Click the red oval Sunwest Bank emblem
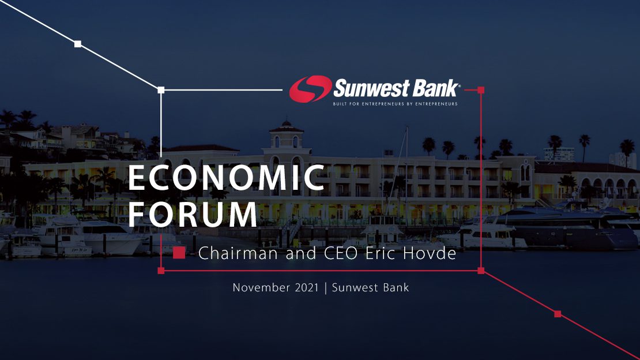point(310,89)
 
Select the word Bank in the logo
point(435,88)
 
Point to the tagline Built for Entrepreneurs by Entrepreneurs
point(395,104)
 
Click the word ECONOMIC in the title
point(227,178)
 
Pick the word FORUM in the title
point(193,214)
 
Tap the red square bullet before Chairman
point(179,253)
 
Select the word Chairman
point(238,253)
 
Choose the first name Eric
point(379,253)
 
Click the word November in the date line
point(261,288)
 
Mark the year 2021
point(306,288)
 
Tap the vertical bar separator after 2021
point(325,288)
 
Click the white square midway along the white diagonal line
point(78,44)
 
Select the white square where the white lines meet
point(161,90)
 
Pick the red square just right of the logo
point(481,90)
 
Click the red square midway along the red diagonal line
point(558,314)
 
